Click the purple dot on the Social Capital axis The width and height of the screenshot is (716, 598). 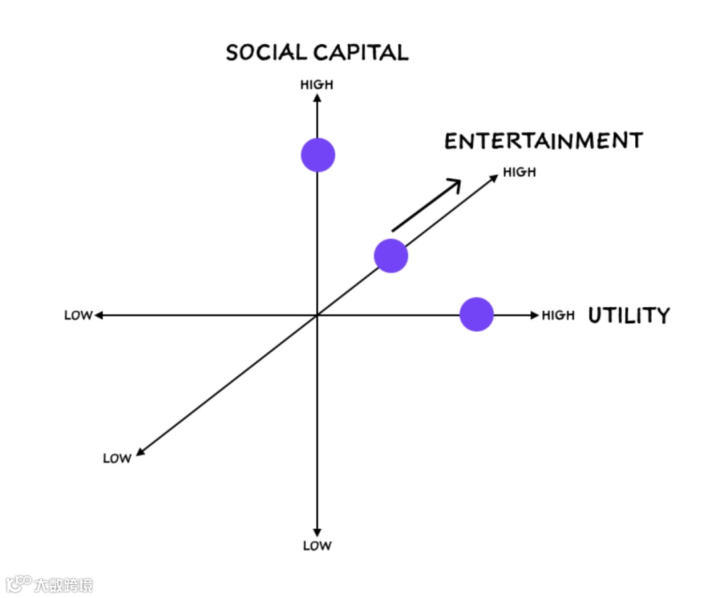(x=318, y=155)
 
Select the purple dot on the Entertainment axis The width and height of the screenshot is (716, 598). (x=391, y=256)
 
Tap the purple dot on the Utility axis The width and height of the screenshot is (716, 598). (x=477, y=315)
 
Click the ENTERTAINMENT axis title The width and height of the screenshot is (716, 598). (x=544, y=141)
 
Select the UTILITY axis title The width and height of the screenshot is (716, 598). (x=629, y=315)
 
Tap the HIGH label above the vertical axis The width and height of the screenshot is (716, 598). (x=317, y=85)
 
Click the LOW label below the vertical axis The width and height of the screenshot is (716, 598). (x=317, y=546)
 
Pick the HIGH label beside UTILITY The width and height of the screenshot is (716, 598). (x=558, y=315)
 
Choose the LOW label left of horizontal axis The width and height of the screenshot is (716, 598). (x=78, y=315)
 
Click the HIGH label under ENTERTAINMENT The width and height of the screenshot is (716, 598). (x=519, y=172)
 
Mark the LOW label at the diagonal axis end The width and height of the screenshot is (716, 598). (x=117, y=458)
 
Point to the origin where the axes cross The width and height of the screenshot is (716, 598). (x=318, y=315)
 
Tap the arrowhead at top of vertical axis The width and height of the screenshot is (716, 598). (x=318, y=98)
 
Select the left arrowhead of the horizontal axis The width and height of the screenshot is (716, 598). (x=99, y=315)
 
